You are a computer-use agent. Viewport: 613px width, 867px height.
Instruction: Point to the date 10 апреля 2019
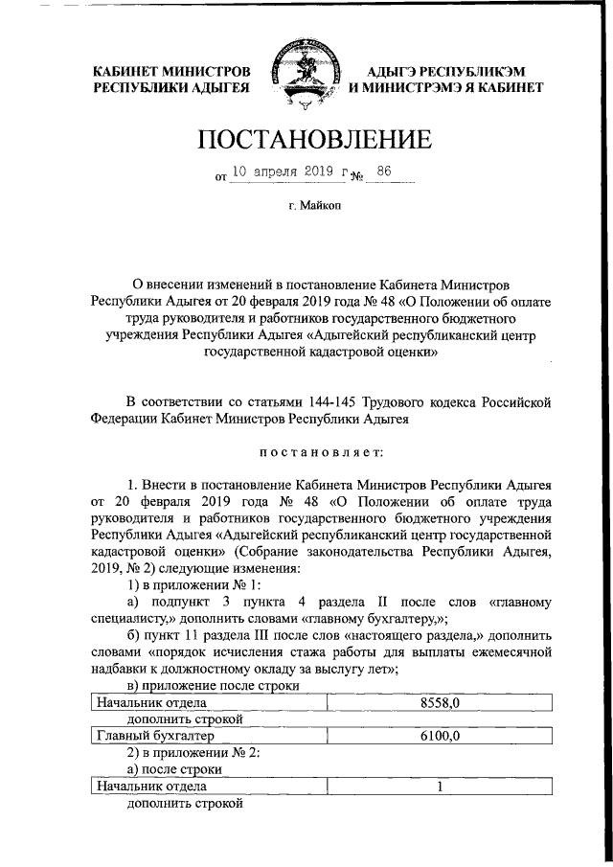tap(284, 172)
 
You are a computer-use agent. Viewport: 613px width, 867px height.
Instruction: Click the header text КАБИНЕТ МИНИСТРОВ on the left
tap(171, 71)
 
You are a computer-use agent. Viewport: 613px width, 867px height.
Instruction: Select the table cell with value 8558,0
tap(441, 703)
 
